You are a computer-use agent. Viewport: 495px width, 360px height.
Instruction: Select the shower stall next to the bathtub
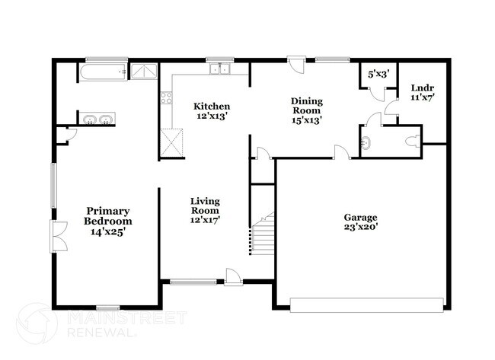click(x=143, y=72)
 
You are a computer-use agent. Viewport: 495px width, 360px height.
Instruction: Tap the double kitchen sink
click(x=220, y=70)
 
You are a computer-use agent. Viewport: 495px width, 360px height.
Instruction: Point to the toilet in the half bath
click(x=410, y=141)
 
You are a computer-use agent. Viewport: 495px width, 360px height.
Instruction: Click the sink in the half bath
click(x=367, y=142)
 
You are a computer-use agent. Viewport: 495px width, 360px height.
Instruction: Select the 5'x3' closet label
click(x=378, y=74)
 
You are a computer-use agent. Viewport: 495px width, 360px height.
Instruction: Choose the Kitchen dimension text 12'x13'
click(x=212, y=116)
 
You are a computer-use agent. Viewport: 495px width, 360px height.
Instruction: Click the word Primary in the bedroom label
click(x=109, y=211)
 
